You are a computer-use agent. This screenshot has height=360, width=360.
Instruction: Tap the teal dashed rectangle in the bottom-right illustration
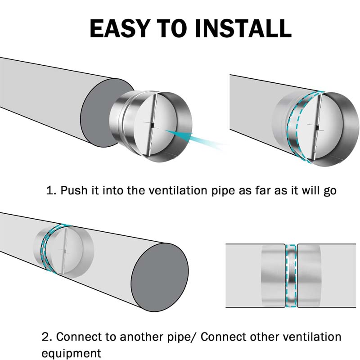(x=291, y=276)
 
